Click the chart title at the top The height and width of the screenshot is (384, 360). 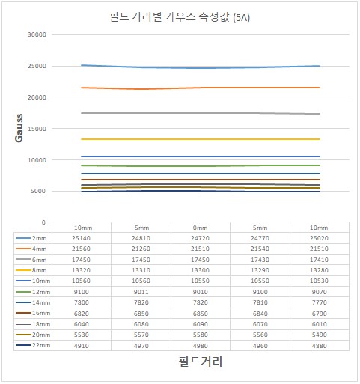pos(180,17)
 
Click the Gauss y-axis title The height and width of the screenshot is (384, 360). pos(19,128)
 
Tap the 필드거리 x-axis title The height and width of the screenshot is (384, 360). pos(201,362)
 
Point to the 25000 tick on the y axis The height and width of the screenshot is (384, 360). pos(37,66)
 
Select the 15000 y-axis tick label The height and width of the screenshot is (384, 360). pos(37,129)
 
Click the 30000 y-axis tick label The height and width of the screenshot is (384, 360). pos(37,34)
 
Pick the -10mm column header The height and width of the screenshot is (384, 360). pos(82,228)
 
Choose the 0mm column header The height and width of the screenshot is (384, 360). pos(200,228)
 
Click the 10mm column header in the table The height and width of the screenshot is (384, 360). pos(319,228)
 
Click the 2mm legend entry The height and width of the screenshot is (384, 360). pos(31,238)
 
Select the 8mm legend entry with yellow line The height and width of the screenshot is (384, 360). pos(31,270)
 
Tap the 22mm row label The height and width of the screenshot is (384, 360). pos(33,345)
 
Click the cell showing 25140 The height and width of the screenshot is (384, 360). pos(81,238)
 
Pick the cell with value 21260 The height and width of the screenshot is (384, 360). pos(141,249)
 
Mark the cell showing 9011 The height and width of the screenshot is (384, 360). pos(141,292)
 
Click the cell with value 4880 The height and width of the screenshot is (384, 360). pos(319,346)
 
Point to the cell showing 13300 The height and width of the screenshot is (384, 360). pos(200,270)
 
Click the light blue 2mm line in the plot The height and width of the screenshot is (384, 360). pos(201,68)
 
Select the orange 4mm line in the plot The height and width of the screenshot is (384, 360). pos(201,88)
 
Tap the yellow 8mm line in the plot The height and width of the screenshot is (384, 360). pos(201,139)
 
